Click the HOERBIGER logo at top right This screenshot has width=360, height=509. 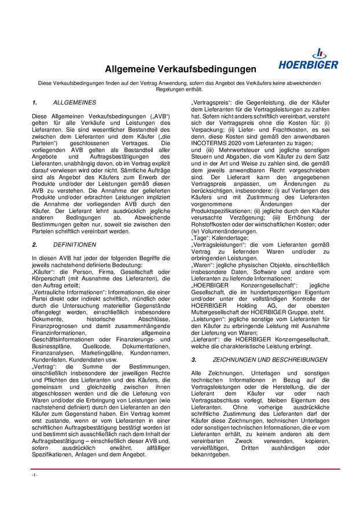308,60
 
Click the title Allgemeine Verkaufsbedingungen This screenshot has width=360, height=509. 180,69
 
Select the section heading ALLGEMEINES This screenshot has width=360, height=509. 75,102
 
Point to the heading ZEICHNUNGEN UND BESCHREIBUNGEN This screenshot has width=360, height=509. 266,360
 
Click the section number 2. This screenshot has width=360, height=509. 34,245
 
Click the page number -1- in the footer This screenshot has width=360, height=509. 35,474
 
